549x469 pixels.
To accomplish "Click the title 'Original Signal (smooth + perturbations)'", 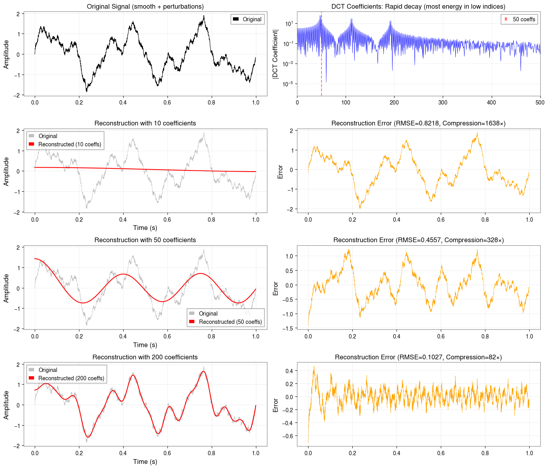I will click(x=145, y=6).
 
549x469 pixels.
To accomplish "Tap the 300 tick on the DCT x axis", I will click(x=443, y=103).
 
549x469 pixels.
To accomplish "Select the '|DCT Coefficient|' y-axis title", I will click(x=276, y=54).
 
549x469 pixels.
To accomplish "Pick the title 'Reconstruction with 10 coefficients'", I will click(x=145, y=123).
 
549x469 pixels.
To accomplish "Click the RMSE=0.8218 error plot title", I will click(x=418, y=123).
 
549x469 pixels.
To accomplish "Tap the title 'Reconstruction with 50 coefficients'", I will click(x=145, y=240).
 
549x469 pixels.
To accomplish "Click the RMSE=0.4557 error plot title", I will click(x=418, y=240).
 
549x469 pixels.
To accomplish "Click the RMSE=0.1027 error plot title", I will click(x=418, y=357).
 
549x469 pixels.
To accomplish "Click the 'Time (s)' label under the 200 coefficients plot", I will click(x=145, y=462).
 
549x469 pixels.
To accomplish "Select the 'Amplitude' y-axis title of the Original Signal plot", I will click(x=6, y=54).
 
